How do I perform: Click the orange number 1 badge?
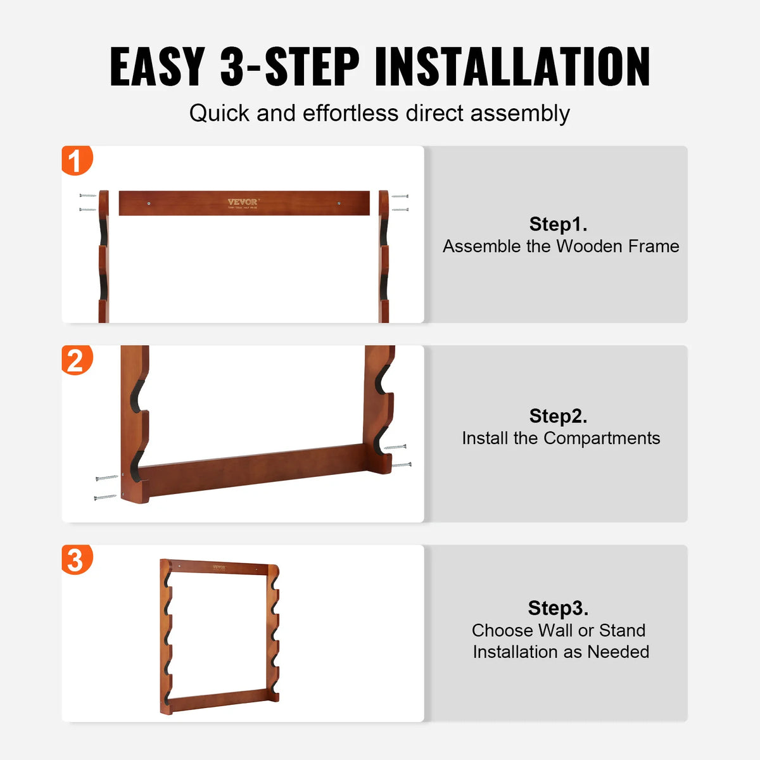(76, 161)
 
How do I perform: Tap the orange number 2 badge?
(76, 360)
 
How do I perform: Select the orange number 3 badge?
(76, 560)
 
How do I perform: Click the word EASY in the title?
(157, 66)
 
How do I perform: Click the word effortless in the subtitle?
(351, 113)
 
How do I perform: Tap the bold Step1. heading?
(558, 224)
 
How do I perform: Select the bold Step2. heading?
(558, 416)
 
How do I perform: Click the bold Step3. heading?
(558, 608)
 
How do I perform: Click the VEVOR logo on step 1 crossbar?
(243, 203)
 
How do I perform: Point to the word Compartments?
(602, 438)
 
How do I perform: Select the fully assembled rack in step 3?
(219, 636)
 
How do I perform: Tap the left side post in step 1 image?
(104, 256)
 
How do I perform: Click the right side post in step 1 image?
(384, 256)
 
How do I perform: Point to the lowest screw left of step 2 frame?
(105, 498)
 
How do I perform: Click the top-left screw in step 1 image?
(87, 196)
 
